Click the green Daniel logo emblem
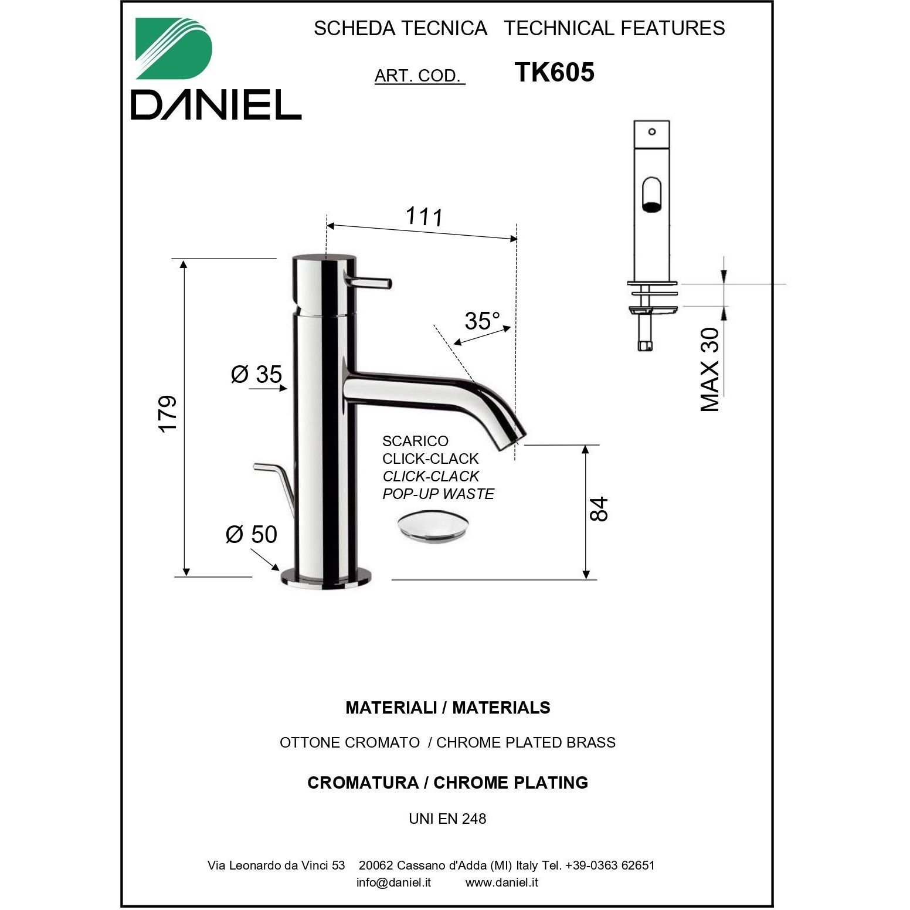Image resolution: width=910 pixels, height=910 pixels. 174,48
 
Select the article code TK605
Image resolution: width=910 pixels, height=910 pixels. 554,73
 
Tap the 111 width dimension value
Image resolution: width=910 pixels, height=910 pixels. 424,216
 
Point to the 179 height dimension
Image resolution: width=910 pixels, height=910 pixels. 168,414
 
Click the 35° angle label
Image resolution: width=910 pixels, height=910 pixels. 483,321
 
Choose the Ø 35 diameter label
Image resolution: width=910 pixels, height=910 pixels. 257,373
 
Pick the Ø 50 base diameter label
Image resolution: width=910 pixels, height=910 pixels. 252,534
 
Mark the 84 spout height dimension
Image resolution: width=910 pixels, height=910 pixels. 599,508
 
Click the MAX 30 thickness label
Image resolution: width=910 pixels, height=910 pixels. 710,369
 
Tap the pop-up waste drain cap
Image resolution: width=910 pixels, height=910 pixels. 433,527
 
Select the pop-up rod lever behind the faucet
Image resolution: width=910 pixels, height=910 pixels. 274,487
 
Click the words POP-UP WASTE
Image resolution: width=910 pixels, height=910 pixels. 438,494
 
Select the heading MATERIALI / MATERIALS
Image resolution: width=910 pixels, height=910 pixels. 448,708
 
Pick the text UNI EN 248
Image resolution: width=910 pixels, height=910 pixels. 447,819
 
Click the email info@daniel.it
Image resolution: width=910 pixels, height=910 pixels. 393,882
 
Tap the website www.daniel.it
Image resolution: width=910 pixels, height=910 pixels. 502,882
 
